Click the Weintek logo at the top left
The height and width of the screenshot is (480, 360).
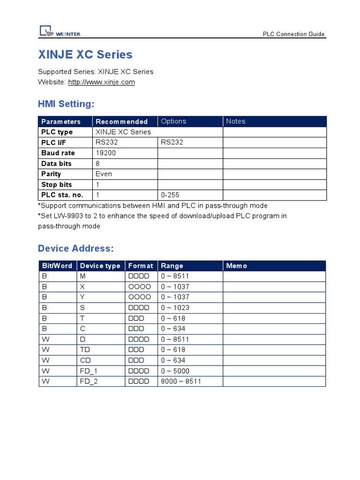pyautogui.click(x=60, y=32)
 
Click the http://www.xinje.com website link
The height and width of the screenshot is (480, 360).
pyautogui.click(x=101, y=82)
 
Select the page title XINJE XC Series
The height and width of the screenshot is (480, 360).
pyautogui.click(x=85, y=54)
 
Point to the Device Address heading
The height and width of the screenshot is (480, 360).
pyautogui.click(x=76, y=248)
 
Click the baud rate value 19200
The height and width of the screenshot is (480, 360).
pyautogui.click(x=106, y=153)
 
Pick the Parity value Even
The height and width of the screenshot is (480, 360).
pyautogui.click(x=104, y=174)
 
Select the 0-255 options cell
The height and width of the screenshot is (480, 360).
pyautogui.click(x=170, y=195)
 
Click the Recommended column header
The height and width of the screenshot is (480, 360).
pyautogui.click(x=121, y=121)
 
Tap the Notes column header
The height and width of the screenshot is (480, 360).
pyautogui.click(x=235, y=121)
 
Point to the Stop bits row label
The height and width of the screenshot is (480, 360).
pyautogui.click(x=57, y=184)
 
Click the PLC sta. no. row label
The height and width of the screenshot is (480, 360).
pyautogui.click(x=61, y=195)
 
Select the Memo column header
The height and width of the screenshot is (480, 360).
pyautogui.click(x=236, y=266)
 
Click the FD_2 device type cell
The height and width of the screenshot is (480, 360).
pyautogui.click(x=89, y=381)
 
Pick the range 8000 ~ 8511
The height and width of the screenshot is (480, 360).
pyautogui.click(x=181, y=381)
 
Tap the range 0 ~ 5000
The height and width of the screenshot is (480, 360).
pyautogui.click(x=175, y=371)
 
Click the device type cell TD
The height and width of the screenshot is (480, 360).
pyautogui.click(x=85, y=350)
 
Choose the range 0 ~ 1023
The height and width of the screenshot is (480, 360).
pyautogui.click(x=175, y=307)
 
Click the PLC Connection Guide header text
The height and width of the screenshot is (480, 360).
pyautogui.click(x=293, y=34)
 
